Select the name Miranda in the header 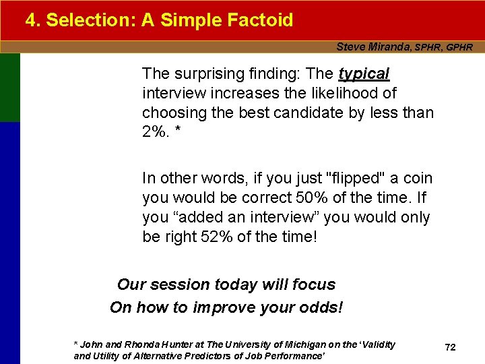tap(388, 47)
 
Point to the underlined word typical tap(364, 73)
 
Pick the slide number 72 tap(451, 347)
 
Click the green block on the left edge tap(10, 88)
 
